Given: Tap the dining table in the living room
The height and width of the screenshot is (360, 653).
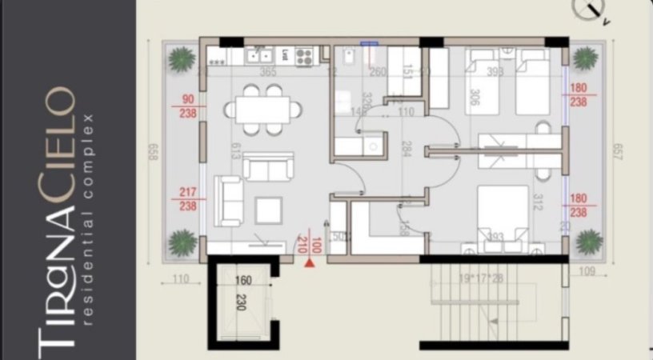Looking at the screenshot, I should (x=262, y=108).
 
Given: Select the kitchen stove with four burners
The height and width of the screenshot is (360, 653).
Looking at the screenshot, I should (x=304, y=56).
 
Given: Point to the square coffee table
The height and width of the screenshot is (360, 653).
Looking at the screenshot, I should (x=268, y=210).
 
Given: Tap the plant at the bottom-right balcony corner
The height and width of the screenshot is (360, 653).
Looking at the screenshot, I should (x=589, y=240).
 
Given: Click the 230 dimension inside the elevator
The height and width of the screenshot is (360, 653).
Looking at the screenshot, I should (x=238, y=302).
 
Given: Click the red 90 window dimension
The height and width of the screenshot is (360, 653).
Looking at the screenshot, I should (x=189, y=99).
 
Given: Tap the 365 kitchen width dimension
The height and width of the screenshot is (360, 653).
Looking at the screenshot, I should (x=268, y=72).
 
